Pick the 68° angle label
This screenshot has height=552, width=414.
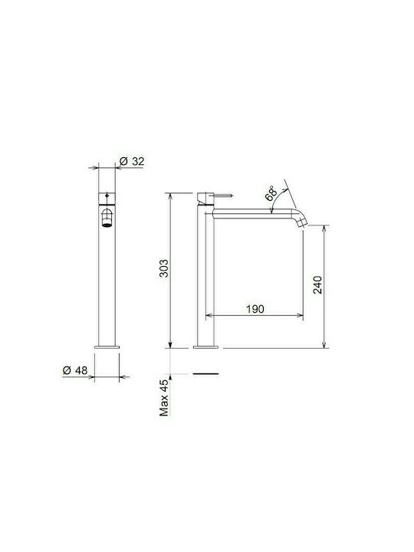[x=271, y=193]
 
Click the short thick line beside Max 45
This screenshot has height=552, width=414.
[x=205, y=374]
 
